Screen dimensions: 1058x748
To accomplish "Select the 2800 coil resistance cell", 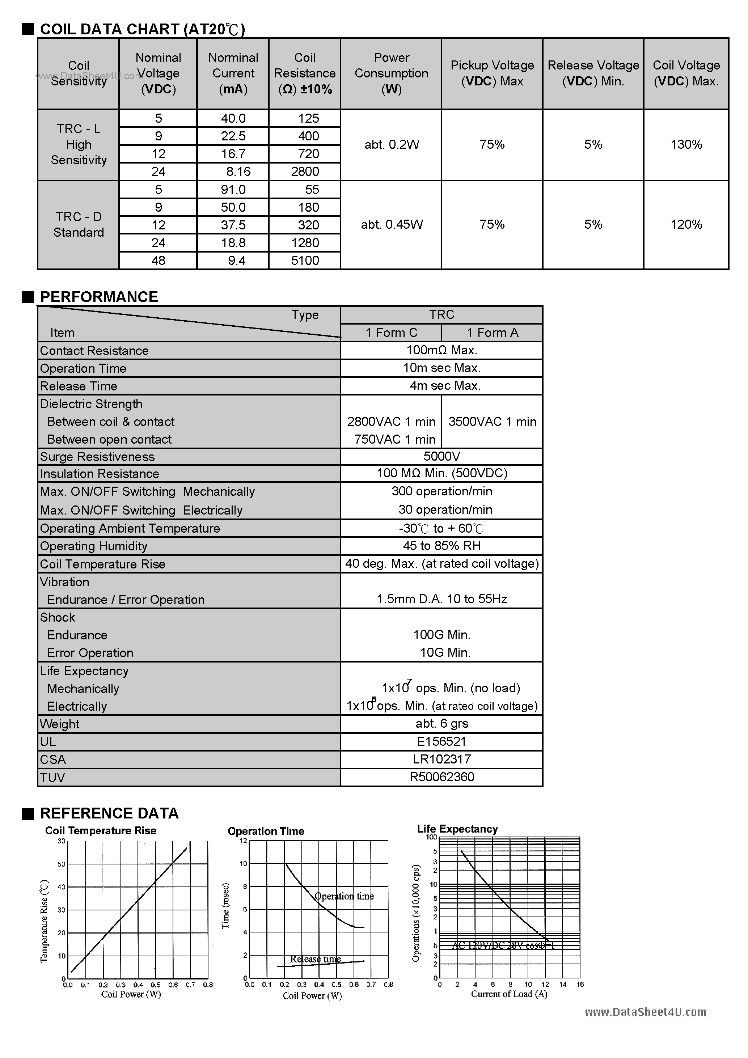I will pos(305,172).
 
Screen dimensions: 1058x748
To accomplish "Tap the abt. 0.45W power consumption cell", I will pos(391,224).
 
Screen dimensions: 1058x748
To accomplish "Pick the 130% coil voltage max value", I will pos(686,145).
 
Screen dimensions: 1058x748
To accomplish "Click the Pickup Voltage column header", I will pos(492,73).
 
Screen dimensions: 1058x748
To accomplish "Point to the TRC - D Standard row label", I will pos(79,224).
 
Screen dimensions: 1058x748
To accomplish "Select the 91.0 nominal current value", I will pos(233,189).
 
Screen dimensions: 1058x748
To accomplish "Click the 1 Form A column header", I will pos(492,333).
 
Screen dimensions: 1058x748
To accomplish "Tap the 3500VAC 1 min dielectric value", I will pos(492,422).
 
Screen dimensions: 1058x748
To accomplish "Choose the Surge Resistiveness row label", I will pos(97,457).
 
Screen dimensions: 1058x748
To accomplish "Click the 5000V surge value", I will pos(441,456).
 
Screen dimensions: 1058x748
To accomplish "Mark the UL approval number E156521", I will pos(441,741).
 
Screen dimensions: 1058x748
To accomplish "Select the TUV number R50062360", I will pos(441,777).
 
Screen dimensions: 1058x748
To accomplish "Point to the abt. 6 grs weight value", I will pos(441,723).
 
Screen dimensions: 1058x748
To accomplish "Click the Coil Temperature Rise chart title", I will pos(101,830).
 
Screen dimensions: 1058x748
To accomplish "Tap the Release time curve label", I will pos(316,959).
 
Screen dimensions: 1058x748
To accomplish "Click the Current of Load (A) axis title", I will pos(509,994).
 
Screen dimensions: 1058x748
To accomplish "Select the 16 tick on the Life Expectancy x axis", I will pos(580,984).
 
